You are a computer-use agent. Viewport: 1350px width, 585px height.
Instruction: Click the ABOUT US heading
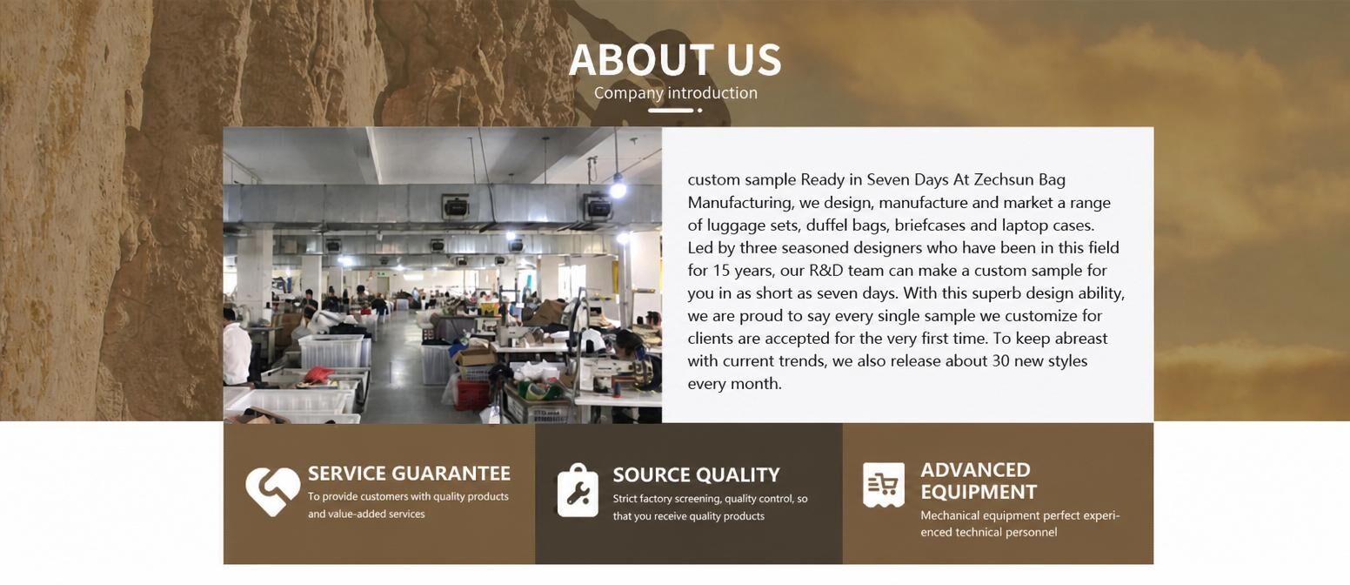click(675, 60)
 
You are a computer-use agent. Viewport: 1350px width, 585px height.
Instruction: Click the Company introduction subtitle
click(676, 93)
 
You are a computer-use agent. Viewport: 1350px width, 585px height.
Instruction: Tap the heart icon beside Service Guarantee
click(272, 491)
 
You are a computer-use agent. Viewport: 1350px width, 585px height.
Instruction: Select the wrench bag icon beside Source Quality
click(578, 490)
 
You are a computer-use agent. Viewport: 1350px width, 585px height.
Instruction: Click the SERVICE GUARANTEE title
click(409, 474)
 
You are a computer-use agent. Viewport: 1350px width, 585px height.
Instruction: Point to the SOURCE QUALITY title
click(696, 475)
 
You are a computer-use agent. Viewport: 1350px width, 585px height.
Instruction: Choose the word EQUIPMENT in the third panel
click(979, 492)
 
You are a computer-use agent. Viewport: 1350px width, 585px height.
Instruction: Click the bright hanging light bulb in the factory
click(617, 188)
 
